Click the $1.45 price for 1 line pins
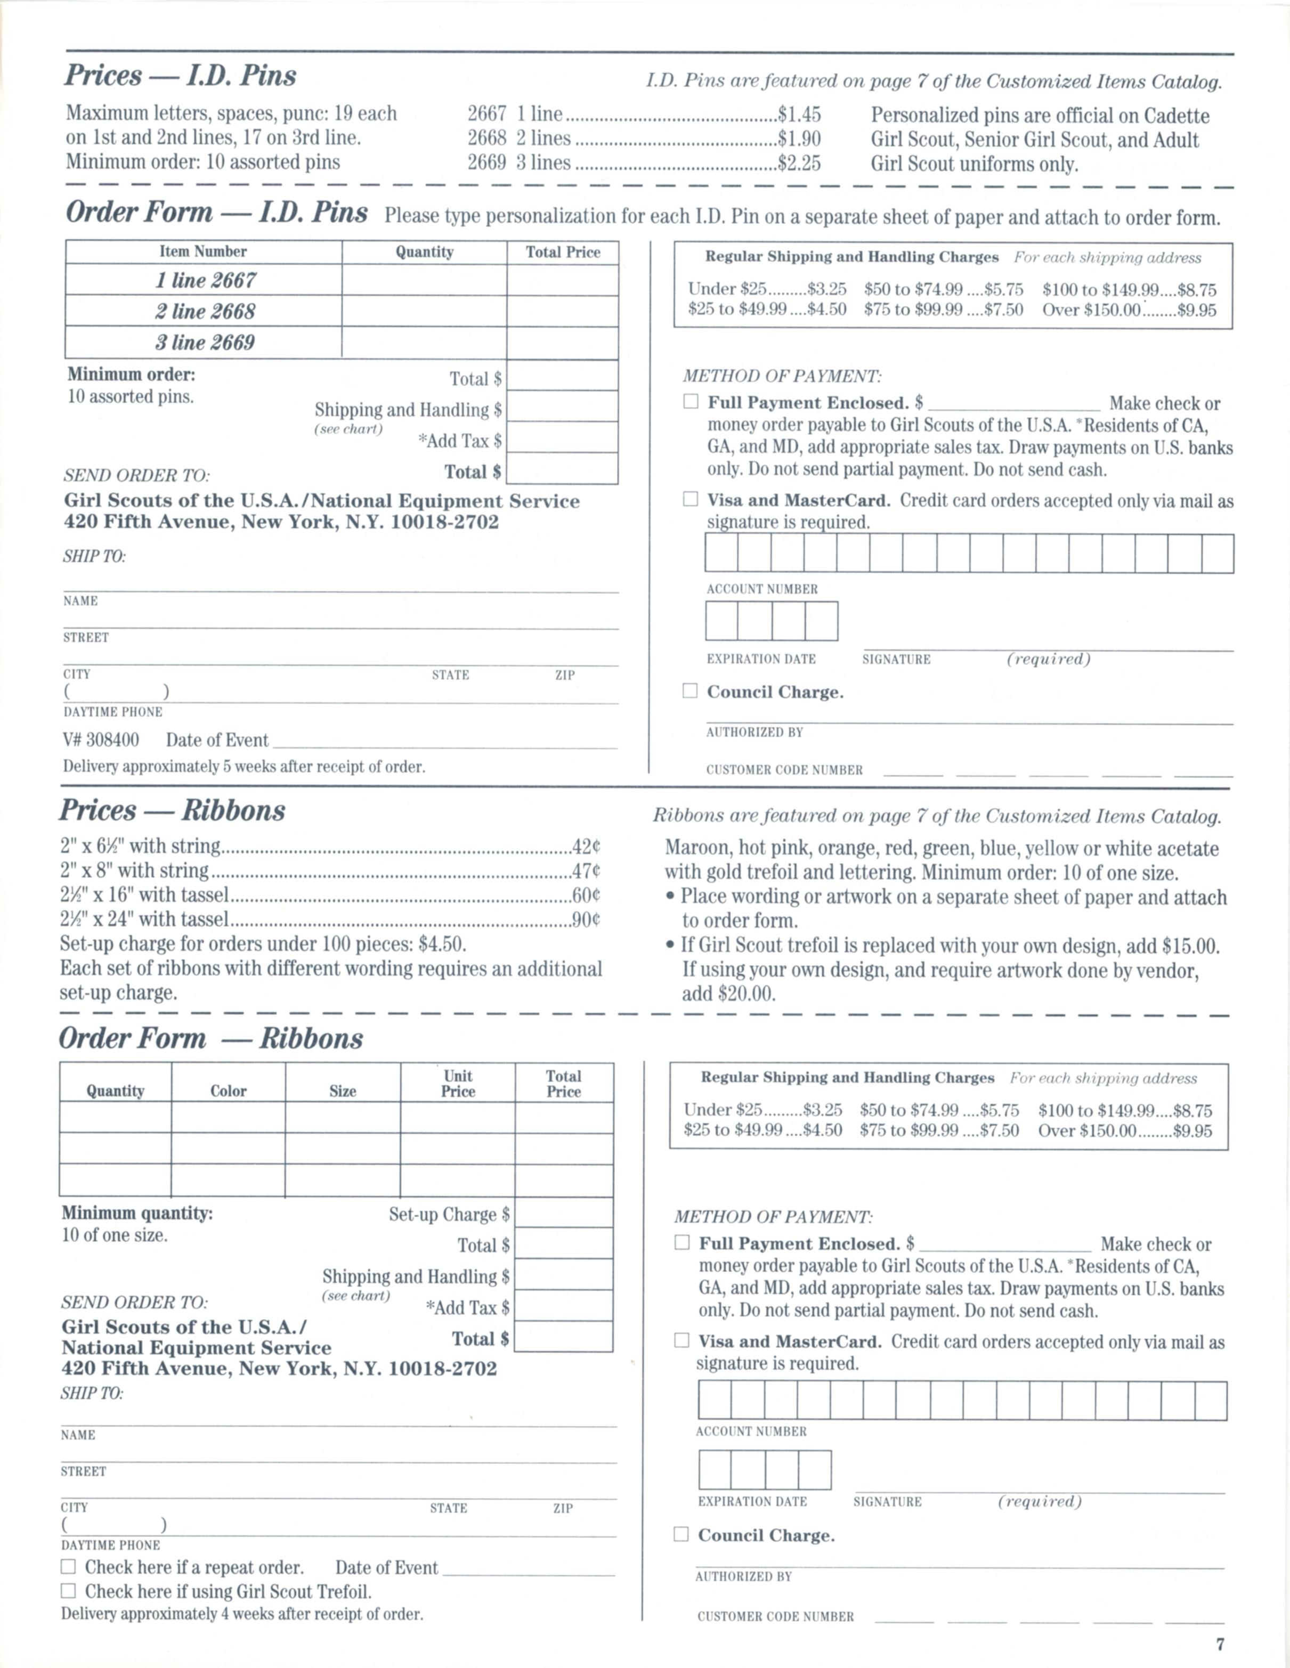[x=799, y=115]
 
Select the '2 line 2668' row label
[x=205, y=312]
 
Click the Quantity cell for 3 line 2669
[x=424, y=342]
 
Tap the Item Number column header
[x=203, y=252]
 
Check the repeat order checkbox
[x=69, y=1567]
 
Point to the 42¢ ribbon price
[x=586, y=847]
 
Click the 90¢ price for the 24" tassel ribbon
[x=586, y=920]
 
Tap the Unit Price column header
[x=458, y=1084]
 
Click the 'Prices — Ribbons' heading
[x=173, y=810]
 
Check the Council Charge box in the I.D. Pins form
[x=691, y=691]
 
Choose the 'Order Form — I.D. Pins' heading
[x=216, y=213]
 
